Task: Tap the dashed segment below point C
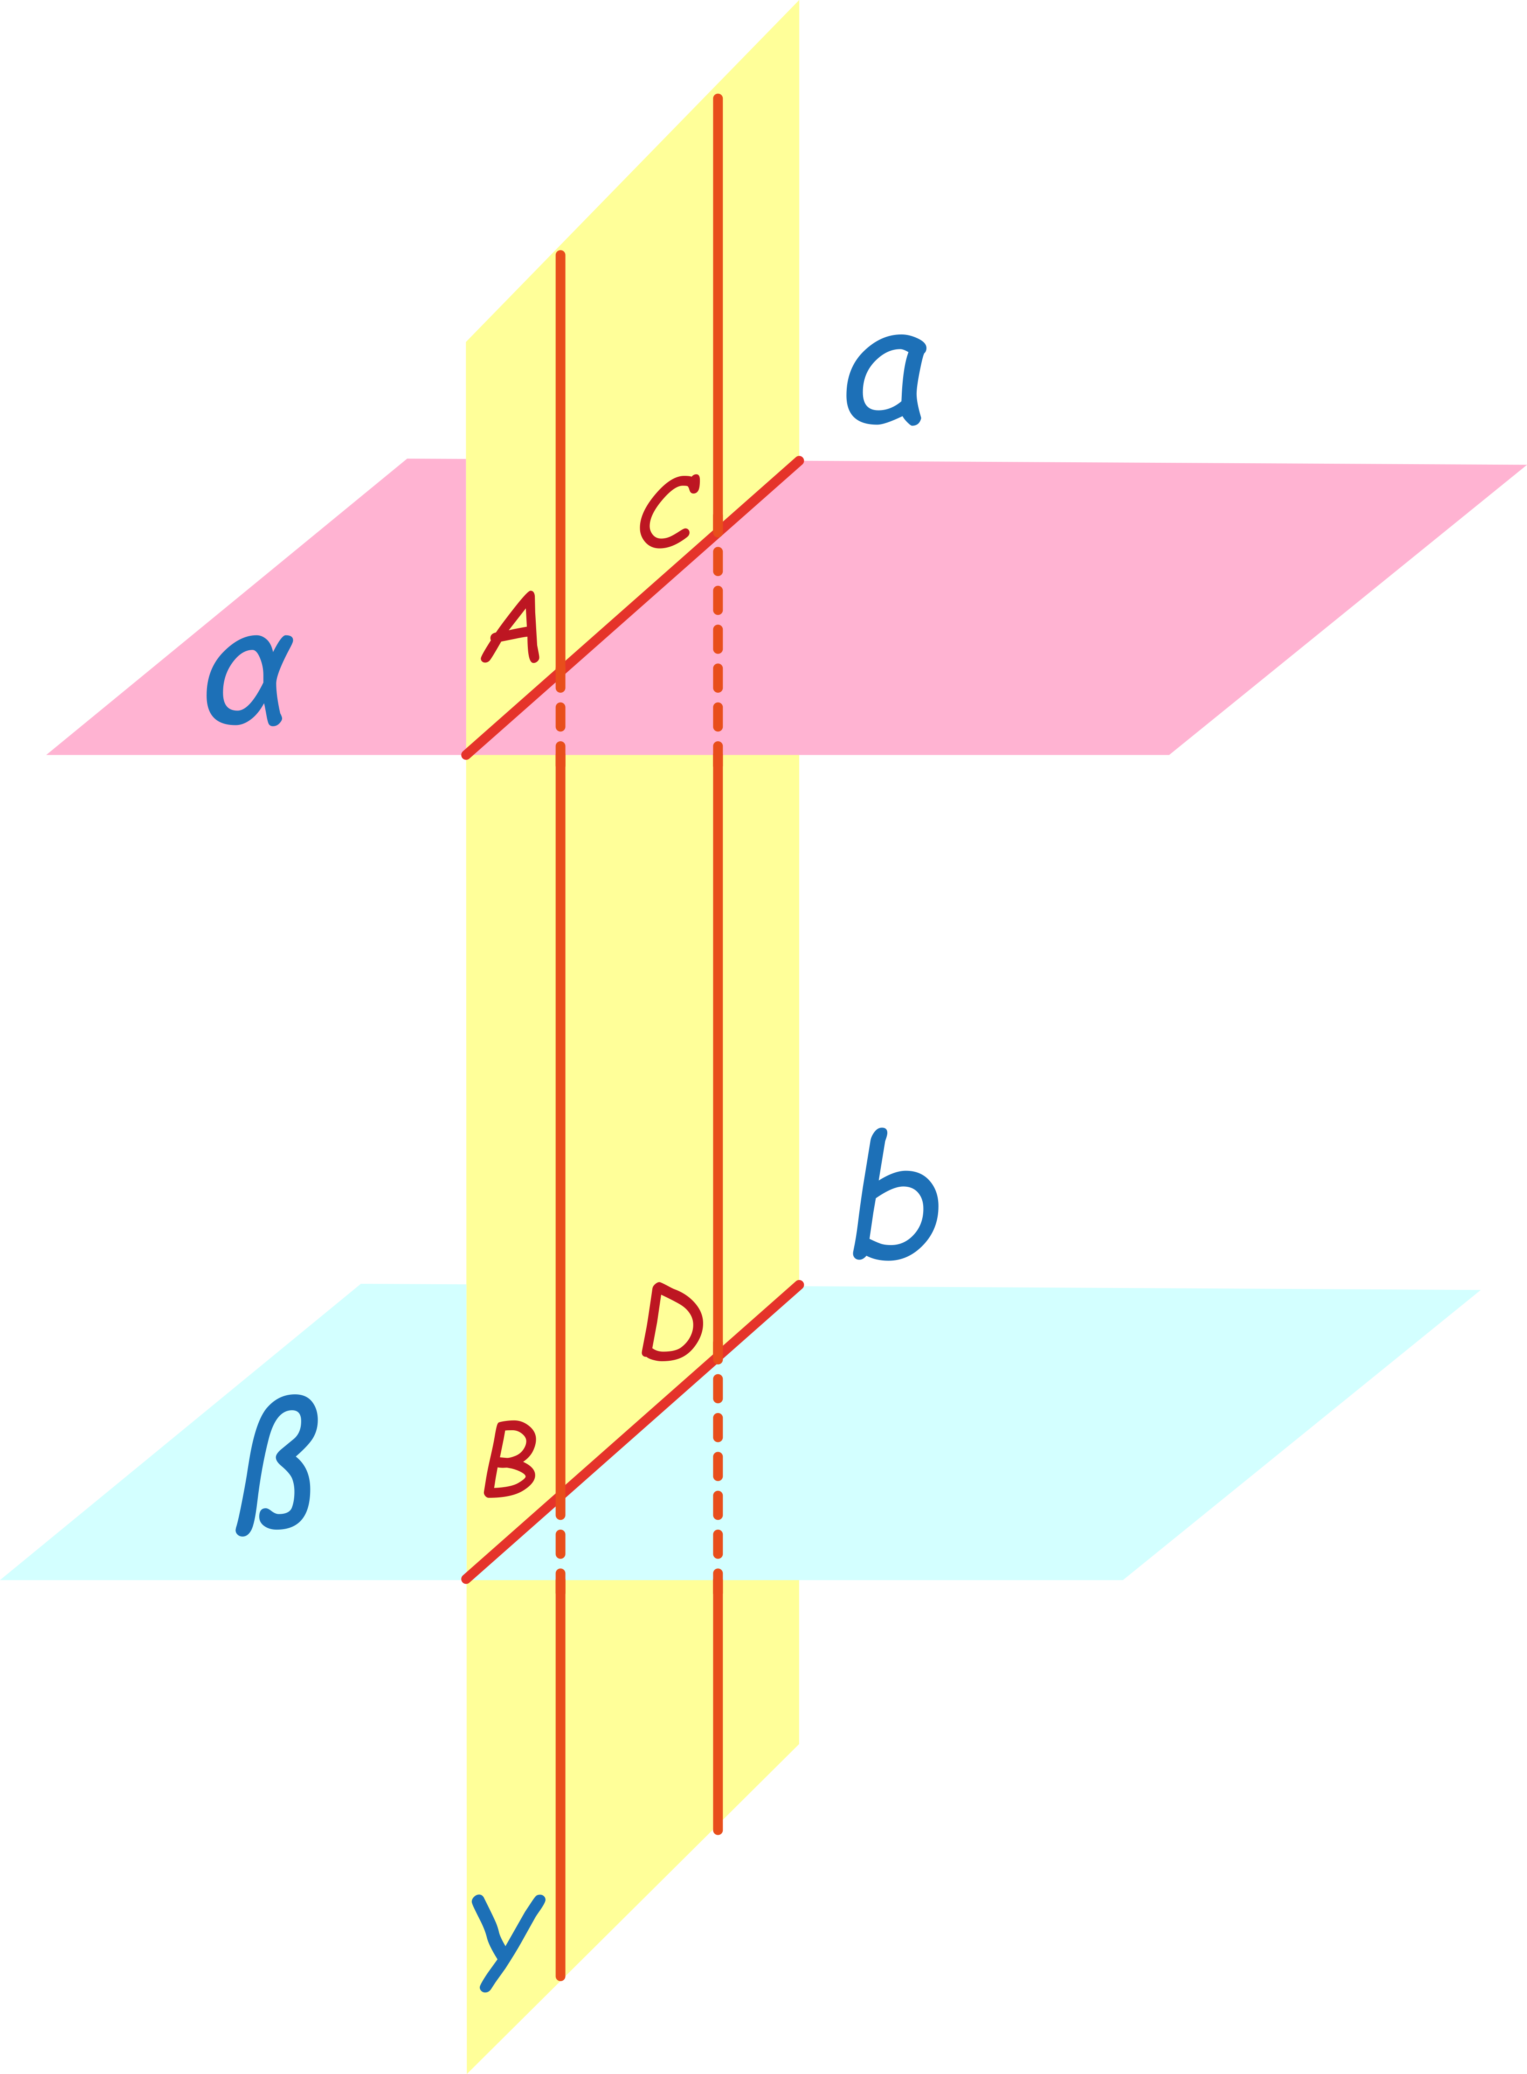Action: [718, 638]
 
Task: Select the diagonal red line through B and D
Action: [638, 1428]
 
